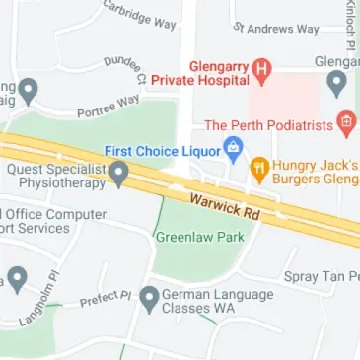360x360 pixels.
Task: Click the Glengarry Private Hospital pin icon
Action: (261, 68)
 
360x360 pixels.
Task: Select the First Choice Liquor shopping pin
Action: (234, 150)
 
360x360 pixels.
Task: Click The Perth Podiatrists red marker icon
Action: (345, 124)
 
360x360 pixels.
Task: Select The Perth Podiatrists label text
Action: (267, 125)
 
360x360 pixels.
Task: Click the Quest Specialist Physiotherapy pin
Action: (119, 175)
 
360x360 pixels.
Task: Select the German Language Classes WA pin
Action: (149, 297)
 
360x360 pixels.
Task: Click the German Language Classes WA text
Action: (212, 302)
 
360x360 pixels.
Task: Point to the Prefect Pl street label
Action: (106, 298)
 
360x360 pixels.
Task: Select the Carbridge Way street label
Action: (137, 15)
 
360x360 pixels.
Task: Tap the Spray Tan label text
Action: (321, 277)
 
